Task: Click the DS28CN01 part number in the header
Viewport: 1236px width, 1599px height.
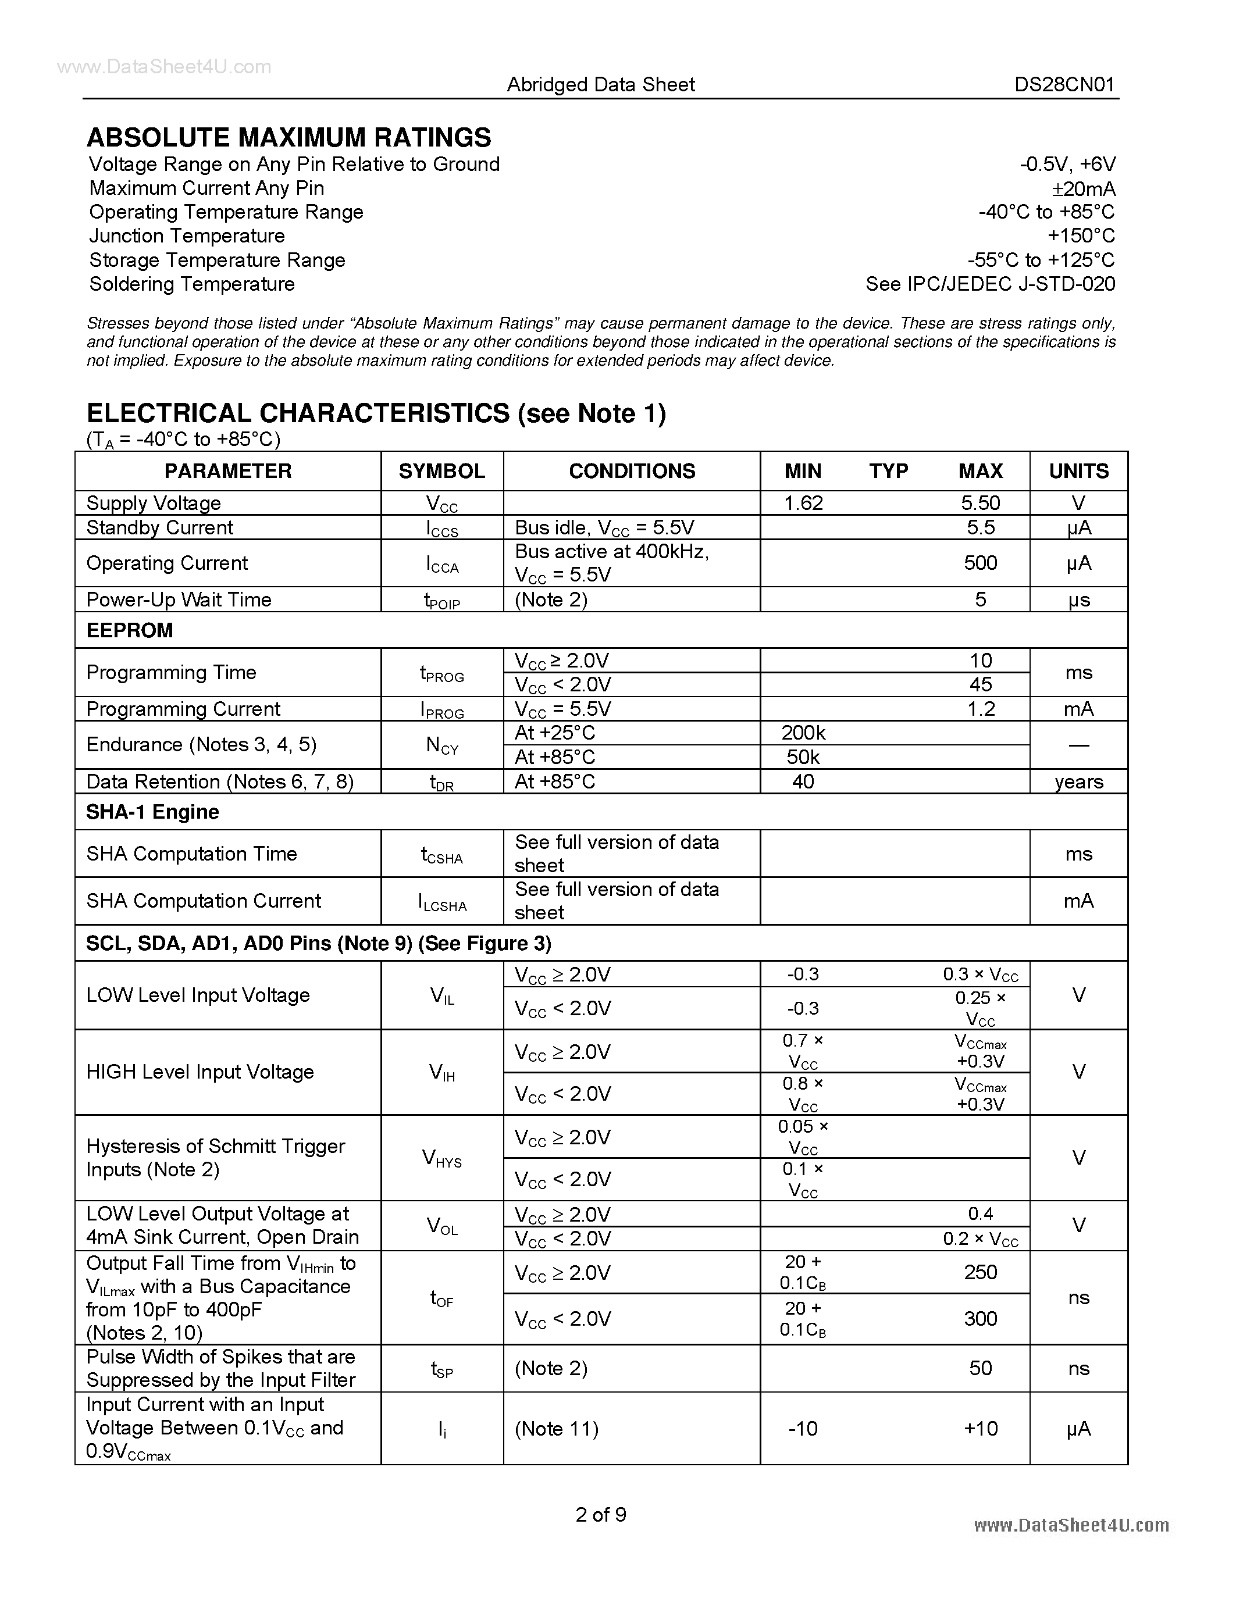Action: point(1064,85)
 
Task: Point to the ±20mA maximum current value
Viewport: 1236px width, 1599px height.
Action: point(1083,189)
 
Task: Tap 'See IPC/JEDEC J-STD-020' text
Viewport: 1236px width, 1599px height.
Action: point(990,284)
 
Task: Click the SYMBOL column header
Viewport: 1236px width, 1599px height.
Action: point(441,471)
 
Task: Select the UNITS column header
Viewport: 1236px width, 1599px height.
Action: point(1078,471)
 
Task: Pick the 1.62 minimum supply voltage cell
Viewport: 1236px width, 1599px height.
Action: point(803,503)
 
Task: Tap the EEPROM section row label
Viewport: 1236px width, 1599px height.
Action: point(130,630)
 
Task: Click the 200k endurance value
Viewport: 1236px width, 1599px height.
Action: point(803,733)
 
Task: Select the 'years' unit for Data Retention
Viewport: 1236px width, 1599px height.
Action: point(1078,782)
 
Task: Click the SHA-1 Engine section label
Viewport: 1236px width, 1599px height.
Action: point(152,812)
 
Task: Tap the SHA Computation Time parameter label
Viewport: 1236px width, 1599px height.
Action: point(191,854)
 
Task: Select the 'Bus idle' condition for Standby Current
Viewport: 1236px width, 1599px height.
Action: point(604,528)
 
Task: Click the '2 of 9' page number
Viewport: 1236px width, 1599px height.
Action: point(600,1514)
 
